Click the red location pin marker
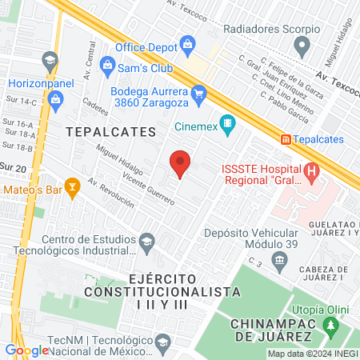pyautogui.click(x=180, y=164)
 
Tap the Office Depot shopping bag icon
pyautogui.click(x=187, y=42)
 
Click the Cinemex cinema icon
pyautogui.click(x=228, y=124)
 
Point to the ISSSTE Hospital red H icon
pyautogui.click(x=310, y=171)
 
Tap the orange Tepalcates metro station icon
pyautogui.click(x=285, y=139)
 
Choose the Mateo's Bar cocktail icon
pyautogui.click(x=73, y=189)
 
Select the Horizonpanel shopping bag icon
pyautogui.click(x=55, y=99)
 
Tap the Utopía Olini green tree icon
pyautogui.click(x=328, y=325)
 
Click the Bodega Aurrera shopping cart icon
pyautogui.click(x=200, y=94)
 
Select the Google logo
pyautogui.click(x=26, y=350)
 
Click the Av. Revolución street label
pyautogui.click(x=111, y=193)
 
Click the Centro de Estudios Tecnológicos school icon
pyautogui.click(x=146, y=240)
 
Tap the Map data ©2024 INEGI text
pyautogui.click(x=311, y=354)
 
